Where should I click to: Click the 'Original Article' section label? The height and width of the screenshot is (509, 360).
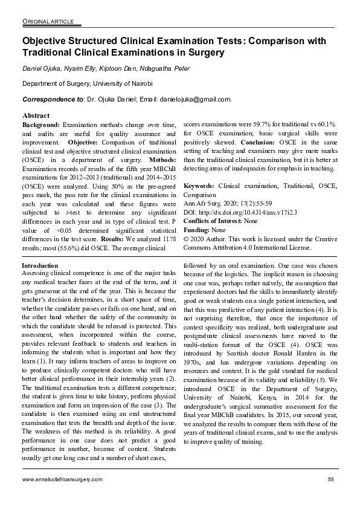tap(48, 22)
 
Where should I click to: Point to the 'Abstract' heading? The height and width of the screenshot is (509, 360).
tap(36, 115)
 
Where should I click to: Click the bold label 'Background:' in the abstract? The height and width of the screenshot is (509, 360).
tap(40, 124)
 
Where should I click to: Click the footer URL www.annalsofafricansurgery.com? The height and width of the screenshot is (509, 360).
tap(62, 479)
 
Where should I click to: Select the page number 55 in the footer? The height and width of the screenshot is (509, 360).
tap(331, 479)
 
